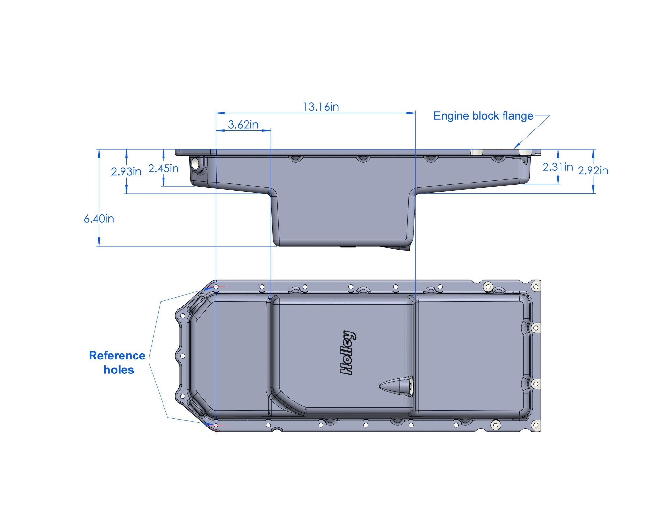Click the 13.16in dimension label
320,107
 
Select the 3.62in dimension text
243,124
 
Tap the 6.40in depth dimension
99,219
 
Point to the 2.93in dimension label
126,171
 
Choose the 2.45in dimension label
163,169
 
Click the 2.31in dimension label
558,167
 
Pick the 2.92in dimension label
593,170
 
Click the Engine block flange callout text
483,116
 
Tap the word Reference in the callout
117,356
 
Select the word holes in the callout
119,370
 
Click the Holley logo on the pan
348,353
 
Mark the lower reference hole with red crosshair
216,425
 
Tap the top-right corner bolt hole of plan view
535,287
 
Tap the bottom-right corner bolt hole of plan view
535,425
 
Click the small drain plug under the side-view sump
348,247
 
